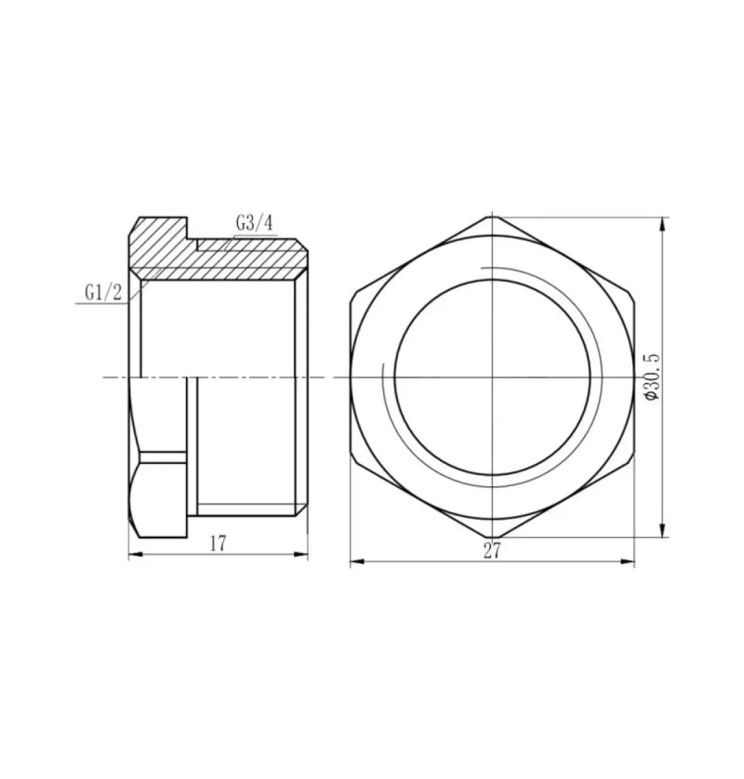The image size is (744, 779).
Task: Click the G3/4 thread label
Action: [254, 224]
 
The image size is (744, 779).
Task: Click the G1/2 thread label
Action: [103, 293]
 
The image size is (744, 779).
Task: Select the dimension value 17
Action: [218, 544]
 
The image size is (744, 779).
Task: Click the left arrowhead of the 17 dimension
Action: [135, 555]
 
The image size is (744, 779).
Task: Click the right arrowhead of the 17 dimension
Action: [301, 555]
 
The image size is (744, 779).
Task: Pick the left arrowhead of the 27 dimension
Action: [357, 561]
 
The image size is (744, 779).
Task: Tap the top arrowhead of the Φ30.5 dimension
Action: [661, 224]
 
